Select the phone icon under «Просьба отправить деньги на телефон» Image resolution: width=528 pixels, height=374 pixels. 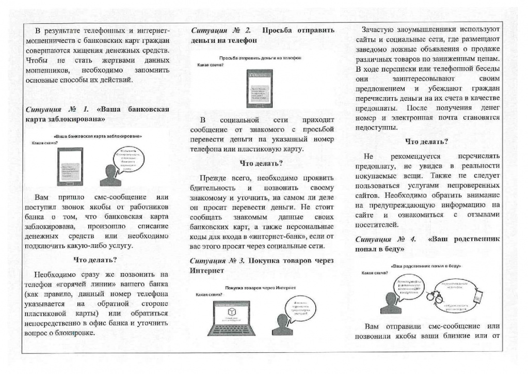click(255, 88)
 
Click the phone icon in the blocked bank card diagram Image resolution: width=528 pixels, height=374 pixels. click(70, 166)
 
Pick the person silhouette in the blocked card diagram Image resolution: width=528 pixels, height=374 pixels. click(110, 175)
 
